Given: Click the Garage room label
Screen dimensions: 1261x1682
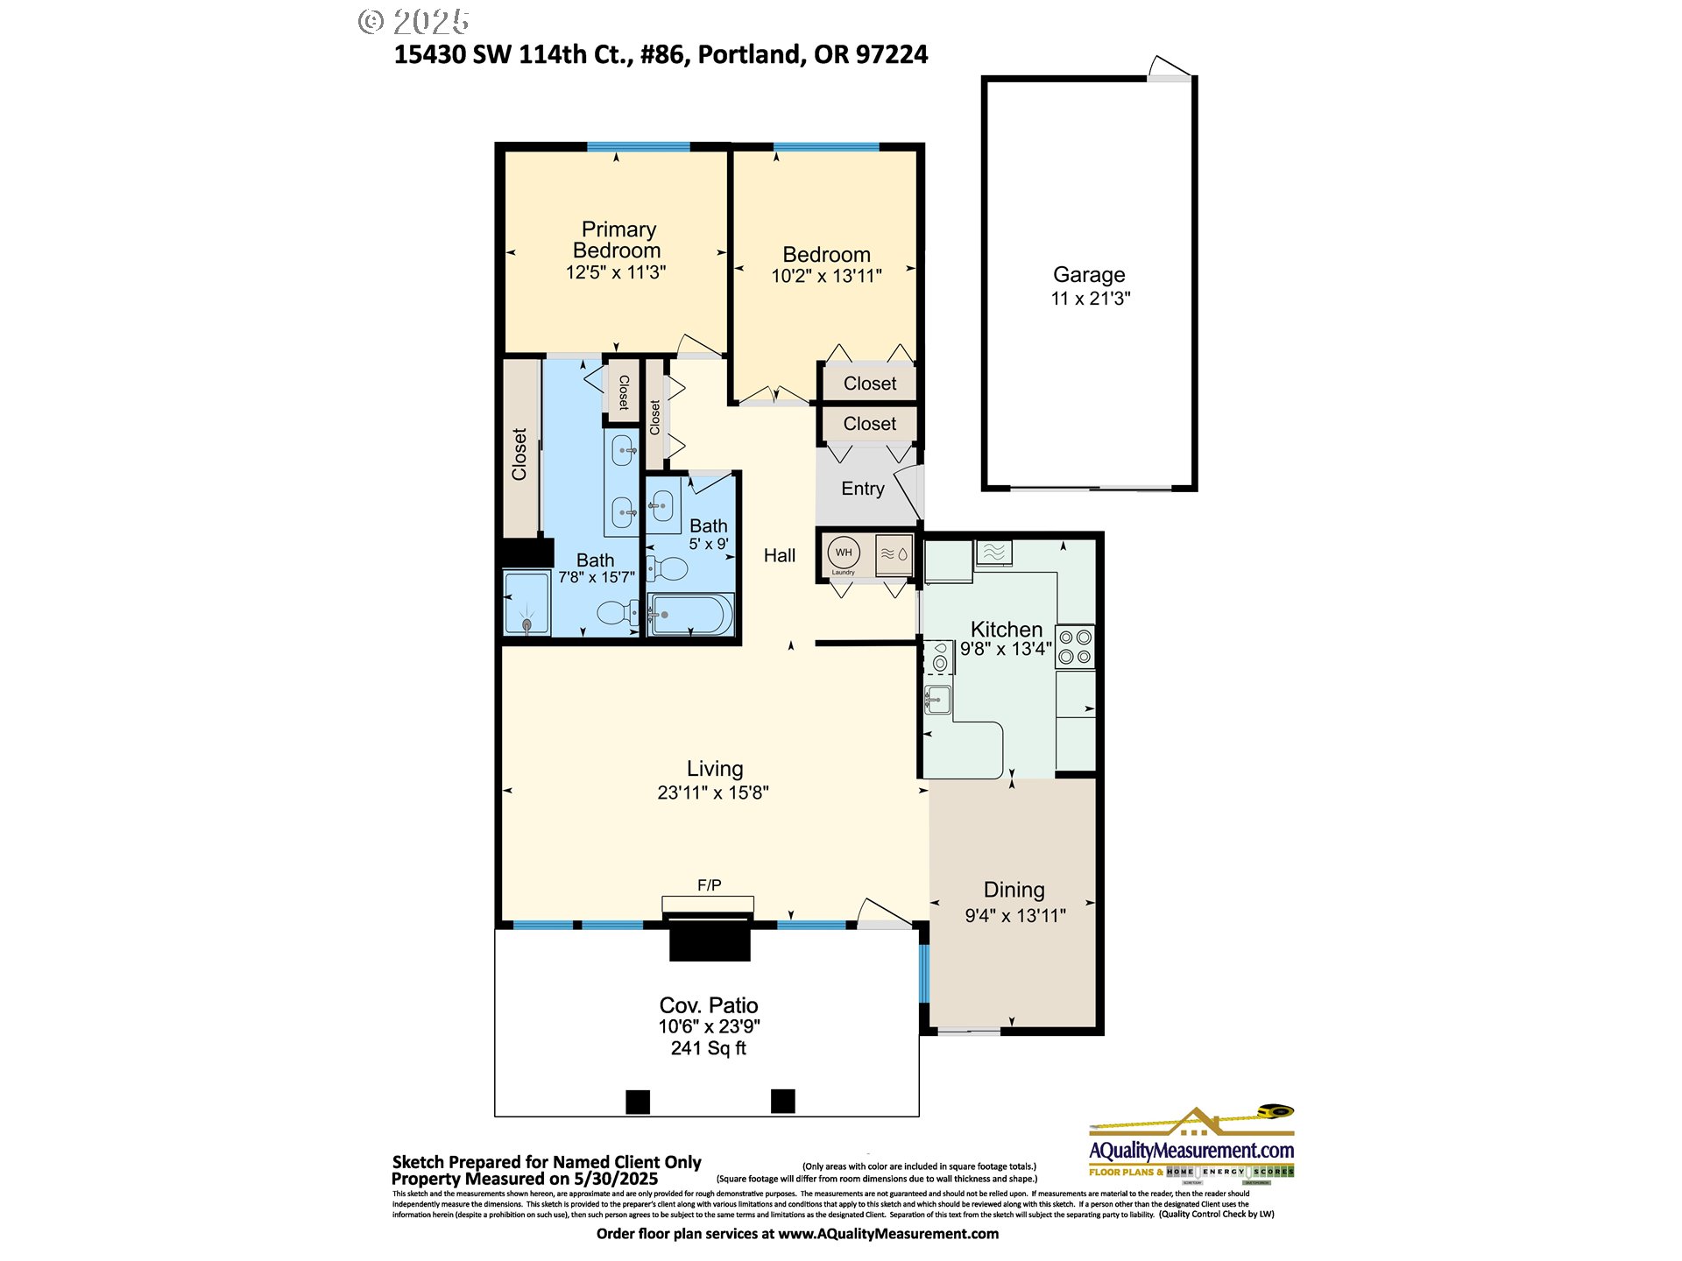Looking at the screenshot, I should point(1089,275).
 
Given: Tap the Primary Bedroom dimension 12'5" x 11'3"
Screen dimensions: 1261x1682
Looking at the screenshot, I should point(616,272).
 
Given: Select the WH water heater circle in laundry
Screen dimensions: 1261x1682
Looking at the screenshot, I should point(844,553).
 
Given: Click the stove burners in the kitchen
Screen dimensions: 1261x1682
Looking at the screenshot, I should point(1075,646).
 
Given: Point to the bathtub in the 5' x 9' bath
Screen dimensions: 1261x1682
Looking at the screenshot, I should point(690,615).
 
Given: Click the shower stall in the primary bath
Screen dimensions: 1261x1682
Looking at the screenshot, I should point(527,602).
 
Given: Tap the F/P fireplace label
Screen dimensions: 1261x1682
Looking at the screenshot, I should point(709,885).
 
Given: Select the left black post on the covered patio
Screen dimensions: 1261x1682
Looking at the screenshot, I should point(638,1102).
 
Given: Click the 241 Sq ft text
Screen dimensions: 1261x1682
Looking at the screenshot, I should point(708,1048).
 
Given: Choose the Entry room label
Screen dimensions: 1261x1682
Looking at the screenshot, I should point(863,489).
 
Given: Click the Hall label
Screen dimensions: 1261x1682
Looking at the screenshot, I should point(779,555).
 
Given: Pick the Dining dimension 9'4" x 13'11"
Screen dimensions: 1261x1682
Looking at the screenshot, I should point(1014,916).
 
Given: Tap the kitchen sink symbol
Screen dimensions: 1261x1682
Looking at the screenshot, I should point(937,699).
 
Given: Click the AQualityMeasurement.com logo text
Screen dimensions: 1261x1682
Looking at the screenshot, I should point(1191,1150).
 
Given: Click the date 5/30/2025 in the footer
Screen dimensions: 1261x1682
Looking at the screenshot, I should point(615,1179).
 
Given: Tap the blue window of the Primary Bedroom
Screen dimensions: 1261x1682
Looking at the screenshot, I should point(638,146).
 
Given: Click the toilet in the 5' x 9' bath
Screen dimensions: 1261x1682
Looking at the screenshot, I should point(668,569).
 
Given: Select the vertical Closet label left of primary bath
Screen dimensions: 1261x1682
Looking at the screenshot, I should point(519,454).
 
